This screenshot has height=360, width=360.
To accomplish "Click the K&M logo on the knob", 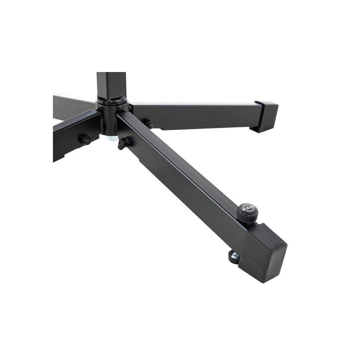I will [x=248, y=208].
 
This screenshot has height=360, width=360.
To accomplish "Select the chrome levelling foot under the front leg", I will [x=234, y=256].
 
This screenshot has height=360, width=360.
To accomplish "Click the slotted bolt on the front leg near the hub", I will [x=123, y=143].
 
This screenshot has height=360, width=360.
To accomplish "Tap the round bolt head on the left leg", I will [x=86, y=140].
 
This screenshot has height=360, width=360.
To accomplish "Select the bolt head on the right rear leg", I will [x=149, y=125].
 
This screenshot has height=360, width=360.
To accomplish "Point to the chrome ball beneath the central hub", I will [x=112, y=138].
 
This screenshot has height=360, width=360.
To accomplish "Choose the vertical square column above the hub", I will [x=111, y=85].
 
